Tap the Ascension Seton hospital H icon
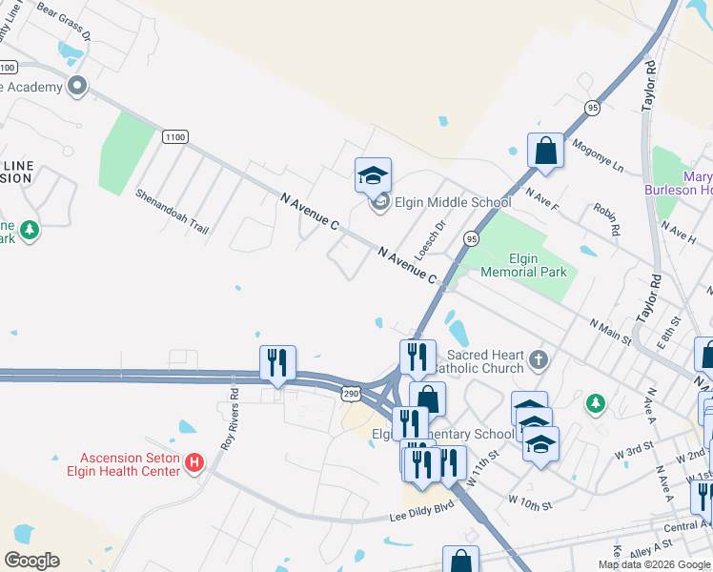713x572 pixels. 195,463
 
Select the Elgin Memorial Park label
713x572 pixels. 523,265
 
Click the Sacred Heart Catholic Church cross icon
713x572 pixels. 539,359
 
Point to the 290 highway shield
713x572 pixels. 351,393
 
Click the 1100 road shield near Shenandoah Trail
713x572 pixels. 174,137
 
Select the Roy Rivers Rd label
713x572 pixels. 229,418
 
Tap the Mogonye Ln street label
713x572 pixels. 597,157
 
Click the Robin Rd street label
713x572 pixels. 605,219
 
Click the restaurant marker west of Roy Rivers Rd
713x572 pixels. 277,362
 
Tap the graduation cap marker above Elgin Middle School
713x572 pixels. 373,174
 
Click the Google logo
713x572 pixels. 31,561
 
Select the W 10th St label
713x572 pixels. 530,500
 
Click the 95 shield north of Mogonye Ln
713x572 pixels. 593,107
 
